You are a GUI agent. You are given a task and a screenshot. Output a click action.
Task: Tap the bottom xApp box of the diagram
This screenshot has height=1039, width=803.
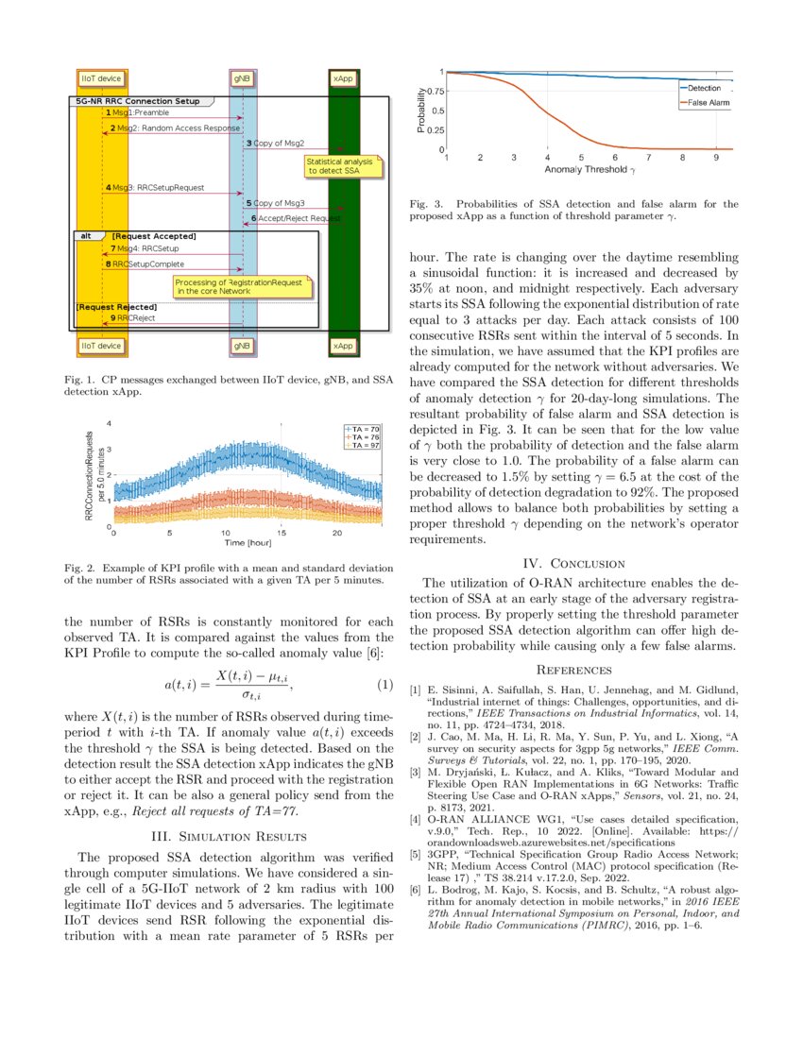[342, 347]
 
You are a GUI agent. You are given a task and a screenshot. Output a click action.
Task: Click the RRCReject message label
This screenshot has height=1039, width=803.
[135, 318]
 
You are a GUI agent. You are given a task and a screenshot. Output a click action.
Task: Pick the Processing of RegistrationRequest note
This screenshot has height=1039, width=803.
[242, 286]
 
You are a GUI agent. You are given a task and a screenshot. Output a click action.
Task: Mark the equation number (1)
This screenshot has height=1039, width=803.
[384, 683]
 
